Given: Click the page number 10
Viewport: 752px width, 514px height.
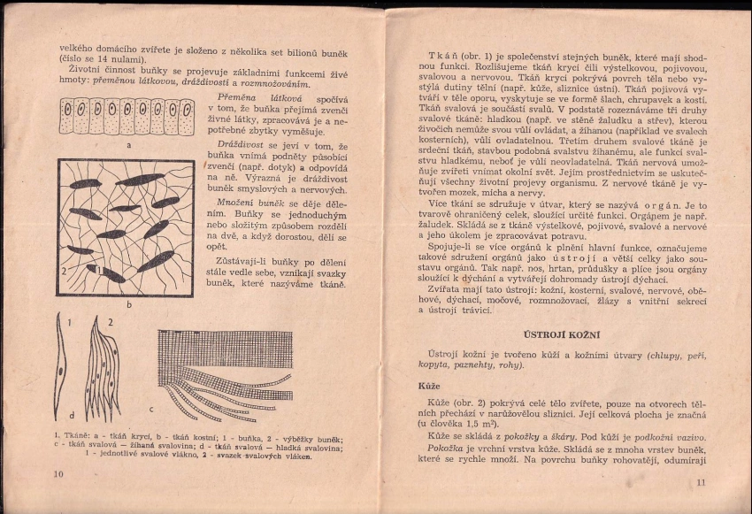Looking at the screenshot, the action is (58, 474).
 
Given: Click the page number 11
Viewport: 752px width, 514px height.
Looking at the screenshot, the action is (701, 482).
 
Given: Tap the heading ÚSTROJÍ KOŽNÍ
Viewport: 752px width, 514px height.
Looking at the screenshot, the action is (562, 334).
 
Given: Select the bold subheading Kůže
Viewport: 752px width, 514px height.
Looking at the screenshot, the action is (429, 386).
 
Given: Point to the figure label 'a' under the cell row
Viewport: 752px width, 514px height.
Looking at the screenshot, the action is (129, 145).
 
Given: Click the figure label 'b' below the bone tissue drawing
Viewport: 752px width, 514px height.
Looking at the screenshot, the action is (128, 304).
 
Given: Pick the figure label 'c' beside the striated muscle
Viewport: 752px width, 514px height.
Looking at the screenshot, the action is (151, 409).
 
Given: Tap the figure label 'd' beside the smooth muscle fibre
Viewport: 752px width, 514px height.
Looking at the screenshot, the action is (72, 415).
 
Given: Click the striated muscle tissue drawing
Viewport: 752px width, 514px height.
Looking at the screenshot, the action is (225, 373).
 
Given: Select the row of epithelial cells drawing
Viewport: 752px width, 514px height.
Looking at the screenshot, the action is (127, 116).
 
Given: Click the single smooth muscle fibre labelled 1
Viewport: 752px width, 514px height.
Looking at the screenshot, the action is (61, 366).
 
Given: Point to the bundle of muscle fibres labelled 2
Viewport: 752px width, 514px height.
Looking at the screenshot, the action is (101, 369).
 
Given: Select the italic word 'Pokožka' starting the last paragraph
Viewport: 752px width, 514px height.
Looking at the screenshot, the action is (445, 449).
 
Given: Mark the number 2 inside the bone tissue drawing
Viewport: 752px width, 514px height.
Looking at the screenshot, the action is (65, 271).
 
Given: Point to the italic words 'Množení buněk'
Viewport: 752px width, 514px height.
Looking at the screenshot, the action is (250, 203).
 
